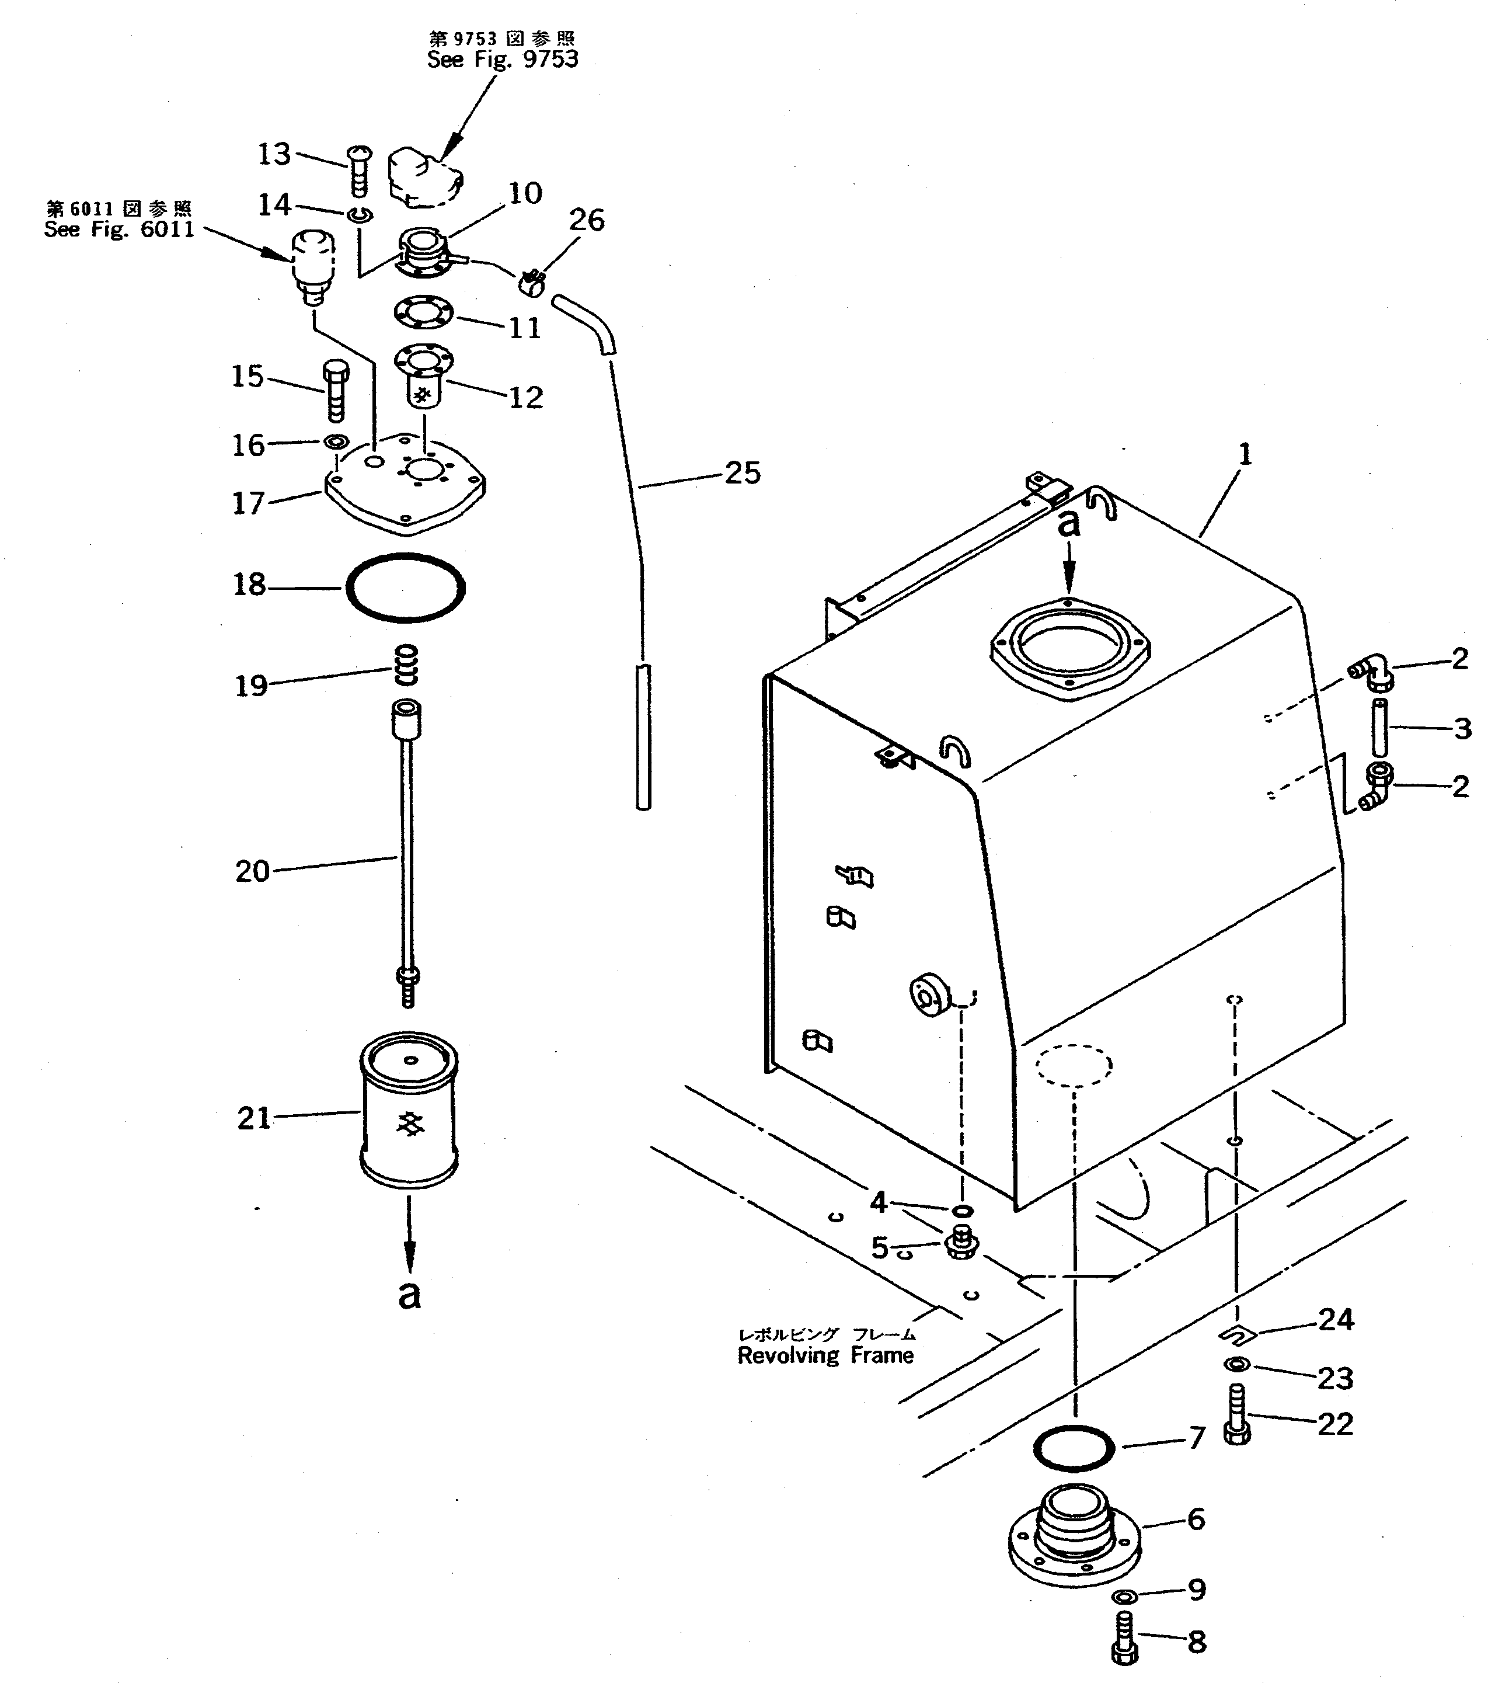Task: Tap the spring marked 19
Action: tap(406, 665)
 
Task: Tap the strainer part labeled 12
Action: tap(423, 377)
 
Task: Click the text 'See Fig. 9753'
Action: tap(502, 60)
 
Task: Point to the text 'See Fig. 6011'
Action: tap(119, 229)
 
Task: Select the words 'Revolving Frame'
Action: tap(825, 1355)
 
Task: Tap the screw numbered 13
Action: tap(360, 171)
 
